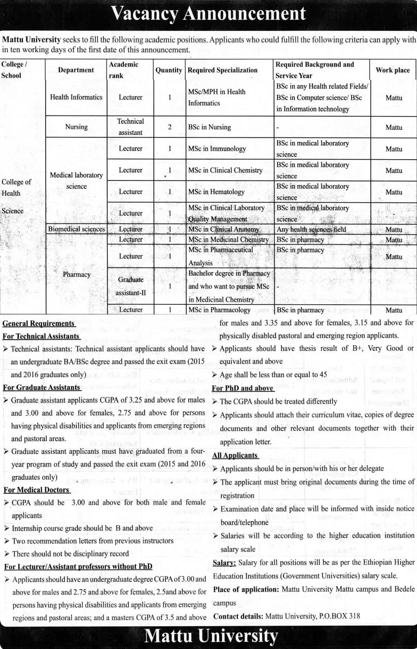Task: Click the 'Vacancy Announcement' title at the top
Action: pos(208,14)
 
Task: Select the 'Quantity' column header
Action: pos(168,70)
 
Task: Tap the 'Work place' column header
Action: pos(392,70)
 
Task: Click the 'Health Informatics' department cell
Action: pos(76,97)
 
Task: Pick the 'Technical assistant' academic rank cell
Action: pos(130,127)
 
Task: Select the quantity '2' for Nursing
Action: pos(169,127)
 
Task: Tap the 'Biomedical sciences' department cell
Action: pos(77,229)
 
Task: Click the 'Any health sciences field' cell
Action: pos(311,229)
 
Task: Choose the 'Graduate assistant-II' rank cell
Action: pos(130,286)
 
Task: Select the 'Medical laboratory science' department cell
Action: pos(76,181)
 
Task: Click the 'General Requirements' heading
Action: pos(39,323)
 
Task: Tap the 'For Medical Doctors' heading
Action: pos(37,490)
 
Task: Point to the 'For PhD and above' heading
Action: pos(242,388)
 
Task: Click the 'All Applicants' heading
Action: pos(235,455)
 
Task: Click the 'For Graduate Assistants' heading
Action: pos(42,387)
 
